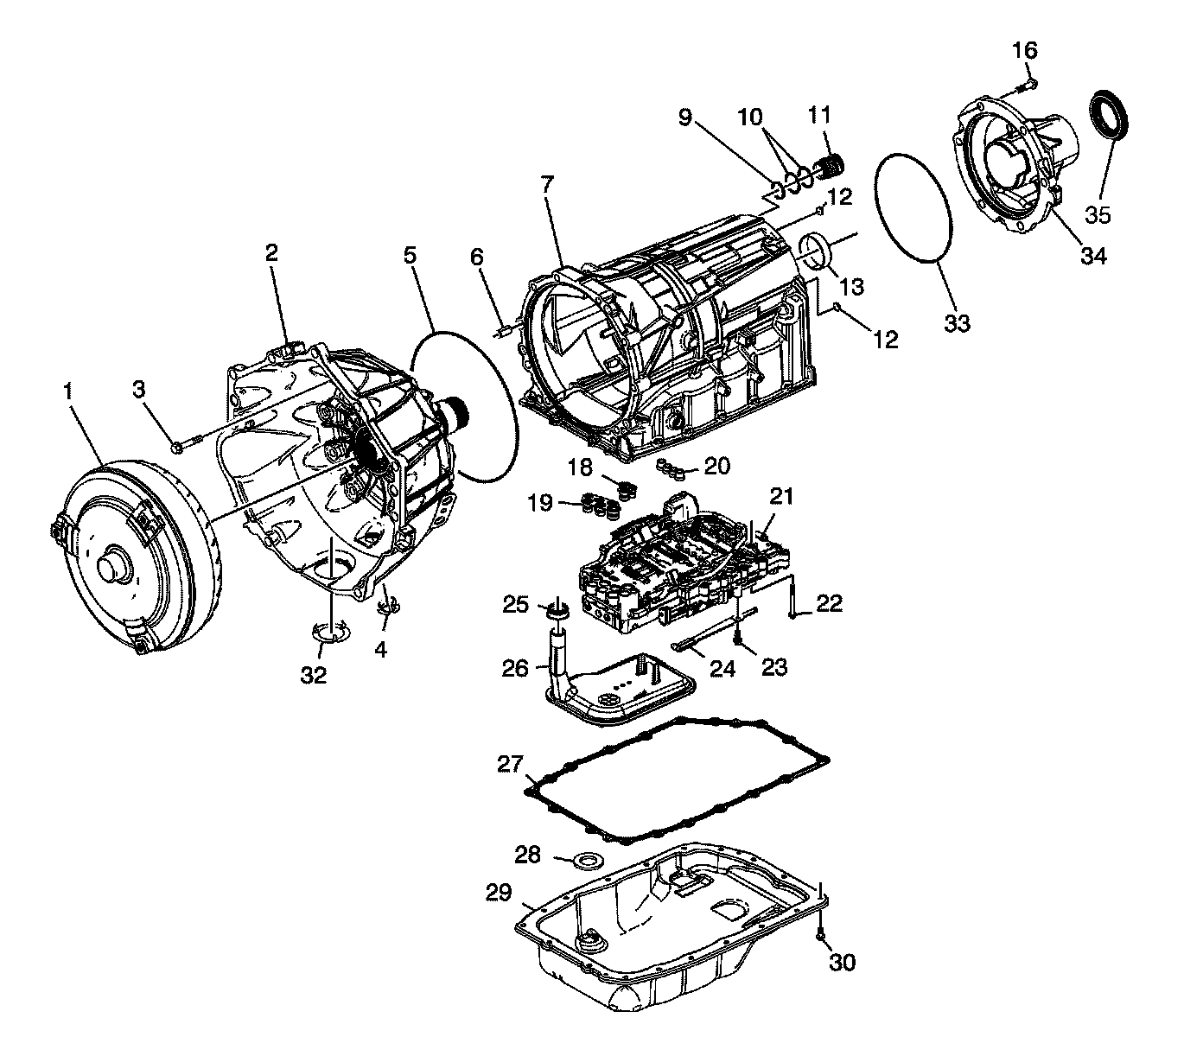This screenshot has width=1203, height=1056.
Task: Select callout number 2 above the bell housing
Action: pos(271,252)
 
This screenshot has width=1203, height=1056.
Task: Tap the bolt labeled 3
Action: pos(179,447)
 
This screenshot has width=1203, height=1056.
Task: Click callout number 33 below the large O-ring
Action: pos(958,323)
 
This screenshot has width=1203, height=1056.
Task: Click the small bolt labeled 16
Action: pos(1030,85)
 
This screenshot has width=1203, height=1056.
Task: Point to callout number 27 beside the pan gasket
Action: pos(510,764)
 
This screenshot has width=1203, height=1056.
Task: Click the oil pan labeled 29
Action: pos(665,933)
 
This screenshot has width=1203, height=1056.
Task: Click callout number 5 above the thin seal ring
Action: pos(410,255)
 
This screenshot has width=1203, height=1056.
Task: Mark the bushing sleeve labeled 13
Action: pos(814,251)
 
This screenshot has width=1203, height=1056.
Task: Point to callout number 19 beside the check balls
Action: pos(540,502)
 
